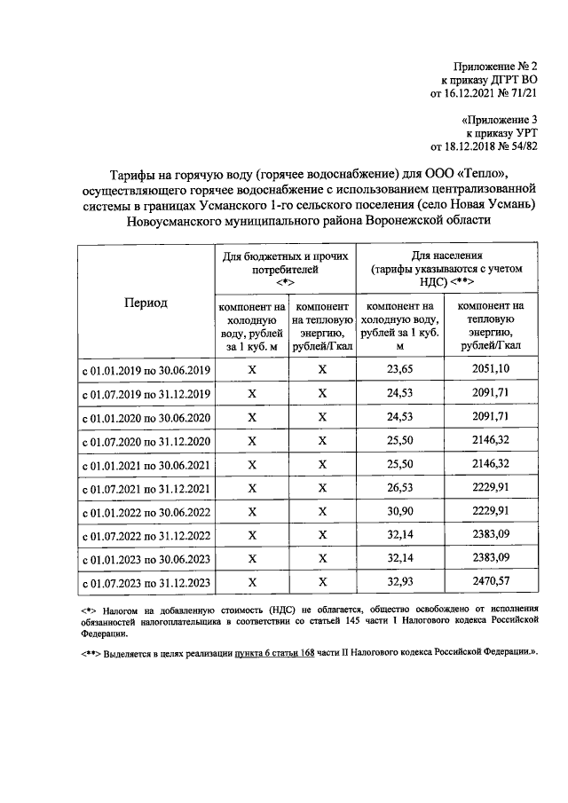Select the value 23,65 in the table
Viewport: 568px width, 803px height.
(399, 368)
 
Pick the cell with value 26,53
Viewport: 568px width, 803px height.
(399, 488)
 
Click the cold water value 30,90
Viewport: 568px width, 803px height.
(399, 512)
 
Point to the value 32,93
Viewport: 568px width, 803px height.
(399, 583)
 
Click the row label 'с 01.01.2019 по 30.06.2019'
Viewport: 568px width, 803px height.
(146, 369)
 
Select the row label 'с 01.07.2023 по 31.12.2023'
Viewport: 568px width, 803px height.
(146, 584)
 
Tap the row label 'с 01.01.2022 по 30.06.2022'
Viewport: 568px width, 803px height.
(146, 513)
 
